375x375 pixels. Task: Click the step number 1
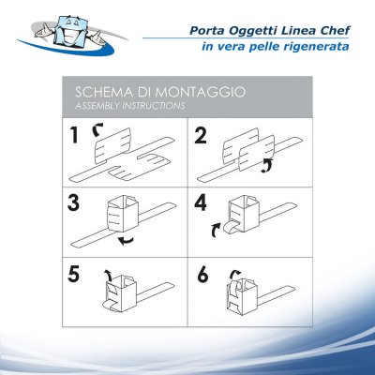point(74,137)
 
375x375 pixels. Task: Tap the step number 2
point(202,137)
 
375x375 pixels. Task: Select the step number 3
point(74,203)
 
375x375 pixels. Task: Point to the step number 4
point(202,203)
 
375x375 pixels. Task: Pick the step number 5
point(74,277)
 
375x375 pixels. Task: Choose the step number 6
point(202,277)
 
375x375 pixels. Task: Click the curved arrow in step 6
point(237,273)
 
